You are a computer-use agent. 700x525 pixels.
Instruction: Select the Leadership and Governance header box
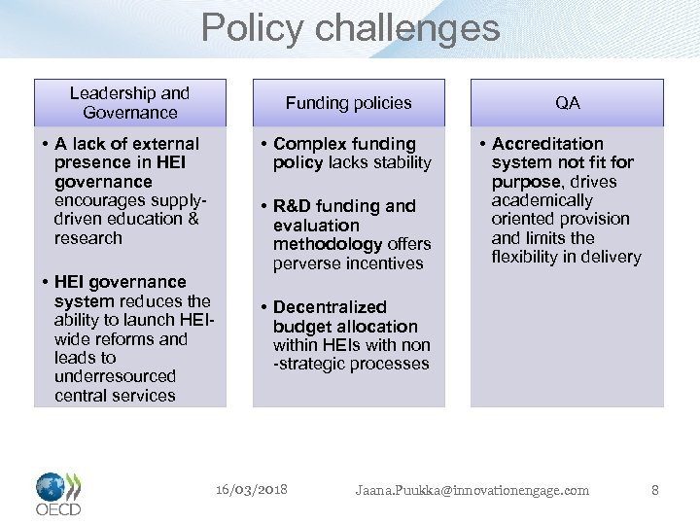click(129, 102)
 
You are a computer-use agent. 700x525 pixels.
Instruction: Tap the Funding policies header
click(348, 102)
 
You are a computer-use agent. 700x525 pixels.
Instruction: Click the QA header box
click(567, 102)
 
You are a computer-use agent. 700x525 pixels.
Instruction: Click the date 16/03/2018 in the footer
click(251, 489)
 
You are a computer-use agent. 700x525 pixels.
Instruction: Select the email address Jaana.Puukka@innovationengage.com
click(472, 490)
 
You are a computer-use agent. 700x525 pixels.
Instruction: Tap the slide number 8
click(654, 490)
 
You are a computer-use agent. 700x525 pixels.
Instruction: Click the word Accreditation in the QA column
click(547, 144)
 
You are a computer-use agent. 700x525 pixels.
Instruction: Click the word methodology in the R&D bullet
click(328, 244)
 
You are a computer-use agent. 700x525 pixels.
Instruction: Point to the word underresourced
click(115, 376)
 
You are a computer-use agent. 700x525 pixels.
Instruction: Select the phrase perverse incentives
click(348, 263)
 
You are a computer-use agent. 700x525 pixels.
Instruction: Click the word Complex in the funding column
click(304, 144)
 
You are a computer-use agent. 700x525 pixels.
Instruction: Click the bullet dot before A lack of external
click(45, 144)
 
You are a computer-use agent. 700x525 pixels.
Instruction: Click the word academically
click(542, 200)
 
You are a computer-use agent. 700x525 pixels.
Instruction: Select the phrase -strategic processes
click(351, 364)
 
